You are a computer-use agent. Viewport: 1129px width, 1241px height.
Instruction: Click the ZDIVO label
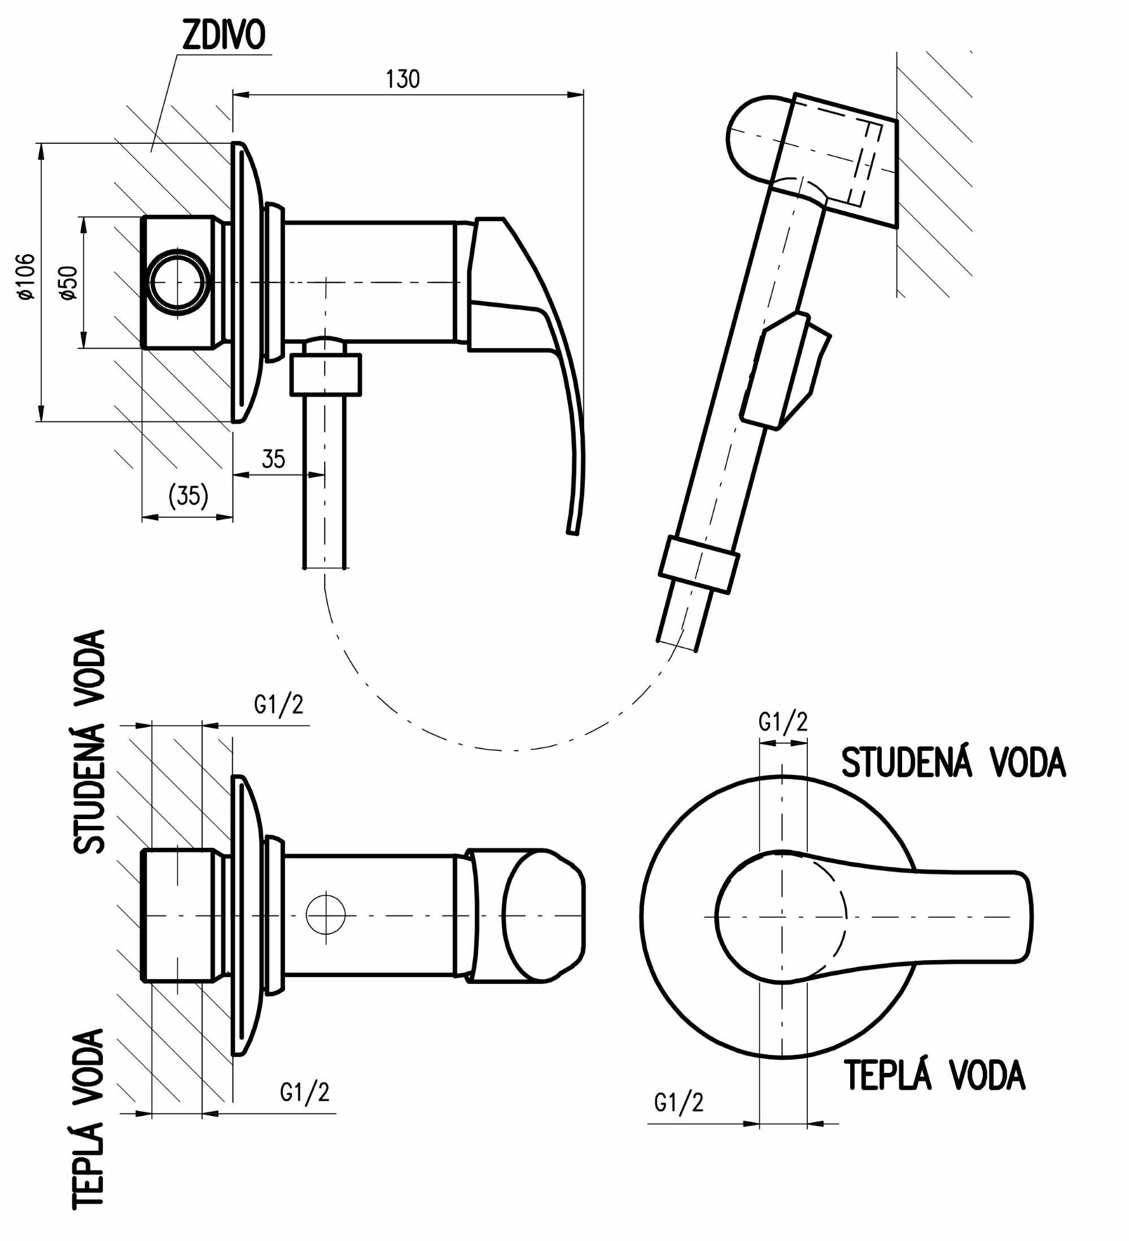[x=224, y=36]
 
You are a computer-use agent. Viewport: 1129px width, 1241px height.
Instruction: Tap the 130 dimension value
[x=403, y=80]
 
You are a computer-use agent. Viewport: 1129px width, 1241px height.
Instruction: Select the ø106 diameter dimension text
[x=26, y=276]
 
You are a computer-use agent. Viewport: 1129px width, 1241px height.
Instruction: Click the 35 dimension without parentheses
[x=273, y=459]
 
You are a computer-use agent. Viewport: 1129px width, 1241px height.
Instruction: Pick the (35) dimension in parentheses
[x=188, y=495]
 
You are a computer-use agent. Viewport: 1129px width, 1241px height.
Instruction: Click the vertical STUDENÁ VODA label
[x=90, y=742]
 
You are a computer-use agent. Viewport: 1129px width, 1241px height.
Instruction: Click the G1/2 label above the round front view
[x=782, y=721]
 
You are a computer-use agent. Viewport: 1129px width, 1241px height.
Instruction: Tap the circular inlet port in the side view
[x=177, y=282]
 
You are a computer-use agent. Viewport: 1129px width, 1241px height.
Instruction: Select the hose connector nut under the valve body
[x=325, y=373]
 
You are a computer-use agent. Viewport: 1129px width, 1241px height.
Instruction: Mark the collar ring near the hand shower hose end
[x=698, y=564]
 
